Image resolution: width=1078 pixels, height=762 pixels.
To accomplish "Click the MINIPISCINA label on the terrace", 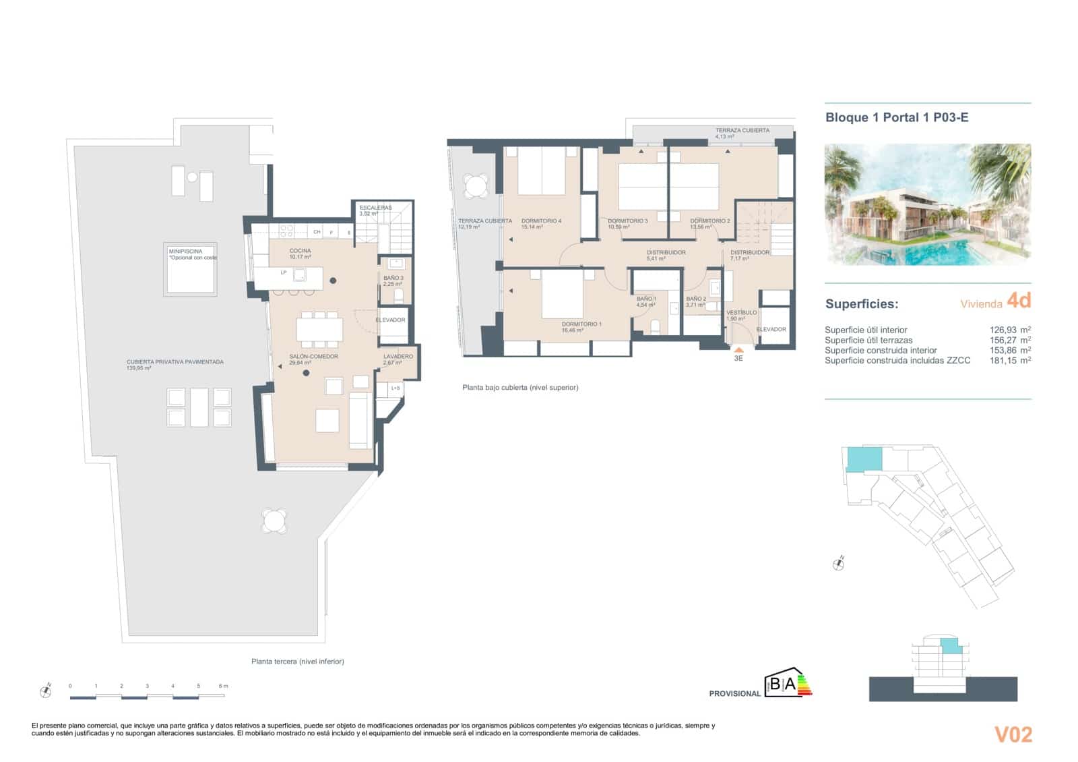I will point(185,251).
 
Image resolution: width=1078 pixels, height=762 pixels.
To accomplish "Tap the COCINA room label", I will point(300,251).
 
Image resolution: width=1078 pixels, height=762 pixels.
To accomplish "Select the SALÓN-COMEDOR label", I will point(313,356).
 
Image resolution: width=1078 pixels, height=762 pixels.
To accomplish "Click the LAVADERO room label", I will point(398,356).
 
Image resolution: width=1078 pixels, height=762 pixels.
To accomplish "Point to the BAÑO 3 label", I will point(393,278).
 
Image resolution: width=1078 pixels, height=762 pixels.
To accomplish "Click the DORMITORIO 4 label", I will point(541,221).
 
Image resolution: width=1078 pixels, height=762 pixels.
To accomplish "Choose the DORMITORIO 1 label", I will point(581,324).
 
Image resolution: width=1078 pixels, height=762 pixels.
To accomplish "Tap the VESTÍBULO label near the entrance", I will point(741,312).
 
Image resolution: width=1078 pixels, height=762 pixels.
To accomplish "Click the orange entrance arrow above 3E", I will point(738,349).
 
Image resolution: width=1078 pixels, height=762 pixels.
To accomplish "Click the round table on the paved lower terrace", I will point(274,521).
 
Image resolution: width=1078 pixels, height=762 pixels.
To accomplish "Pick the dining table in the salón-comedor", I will point(319,329).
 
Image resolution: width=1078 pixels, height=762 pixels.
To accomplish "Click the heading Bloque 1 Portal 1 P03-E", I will point(897,117).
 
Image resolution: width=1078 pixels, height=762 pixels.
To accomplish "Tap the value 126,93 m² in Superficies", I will point(1006,330).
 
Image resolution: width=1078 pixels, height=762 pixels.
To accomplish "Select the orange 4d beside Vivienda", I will point(1018,300).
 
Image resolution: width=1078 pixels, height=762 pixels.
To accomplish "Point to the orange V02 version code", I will point(1013,734).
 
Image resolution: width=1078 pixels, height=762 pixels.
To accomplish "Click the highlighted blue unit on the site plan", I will point(864,459).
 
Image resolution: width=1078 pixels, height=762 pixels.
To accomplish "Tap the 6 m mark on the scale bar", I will point(223,686).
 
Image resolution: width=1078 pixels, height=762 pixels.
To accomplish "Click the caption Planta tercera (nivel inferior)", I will point(297,662).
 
